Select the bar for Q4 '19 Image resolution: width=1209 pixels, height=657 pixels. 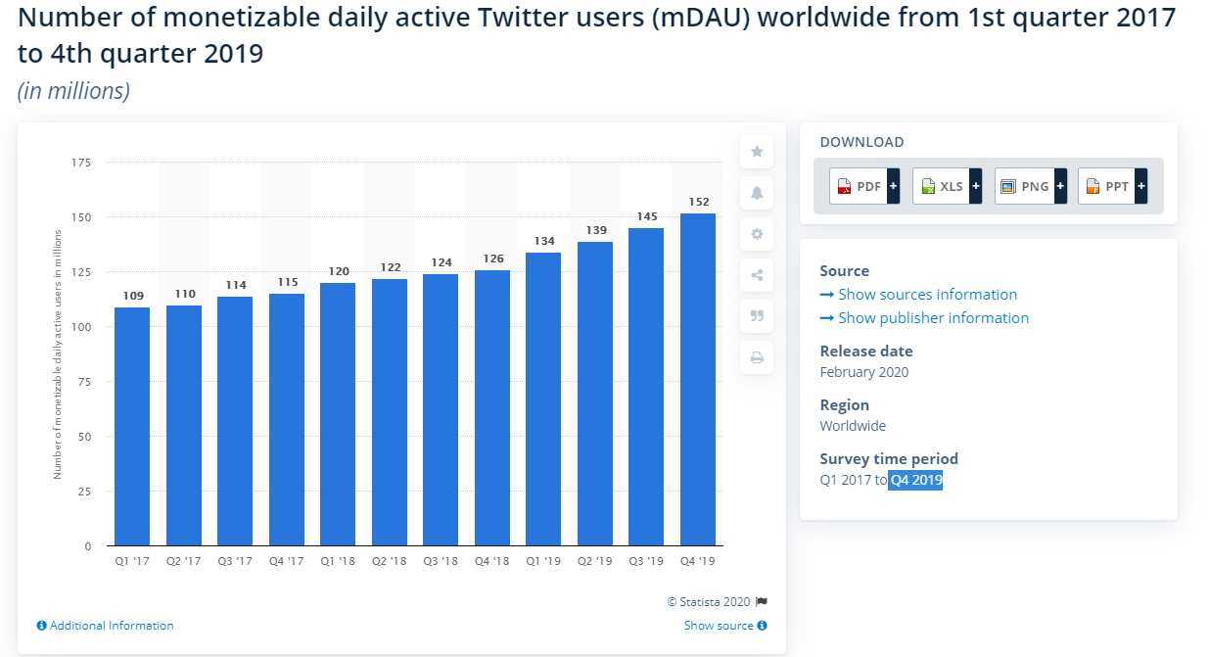click(x=697, y=379)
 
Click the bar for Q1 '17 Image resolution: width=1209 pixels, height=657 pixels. click(x=132, y=426)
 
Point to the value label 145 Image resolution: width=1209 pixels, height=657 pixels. click(x=646, y=216)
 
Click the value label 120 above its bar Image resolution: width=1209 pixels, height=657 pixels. click(x=338, y=271)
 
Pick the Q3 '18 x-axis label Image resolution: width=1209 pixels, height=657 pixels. click(x=441, y=561)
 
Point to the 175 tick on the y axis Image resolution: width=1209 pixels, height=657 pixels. click(x=80, y=163)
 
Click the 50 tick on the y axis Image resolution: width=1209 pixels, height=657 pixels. click(x=84, y=437)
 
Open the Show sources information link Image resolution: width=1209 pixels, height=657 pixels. click(x=927, y=295)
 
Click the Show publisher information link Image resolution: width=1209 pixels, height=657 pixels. click(x=933, y=318)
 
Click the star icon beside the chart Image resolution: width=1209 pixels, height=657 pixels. click(x=757, y=152)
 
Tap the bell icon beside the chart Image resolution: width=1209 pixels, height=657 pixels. click(x=757, y=193)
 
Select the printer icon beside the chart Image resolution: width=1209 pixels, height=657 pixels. click(x=757, y=357)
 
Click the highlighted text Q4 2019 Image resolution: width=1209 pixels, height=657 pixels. click(x=915, y=480)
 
